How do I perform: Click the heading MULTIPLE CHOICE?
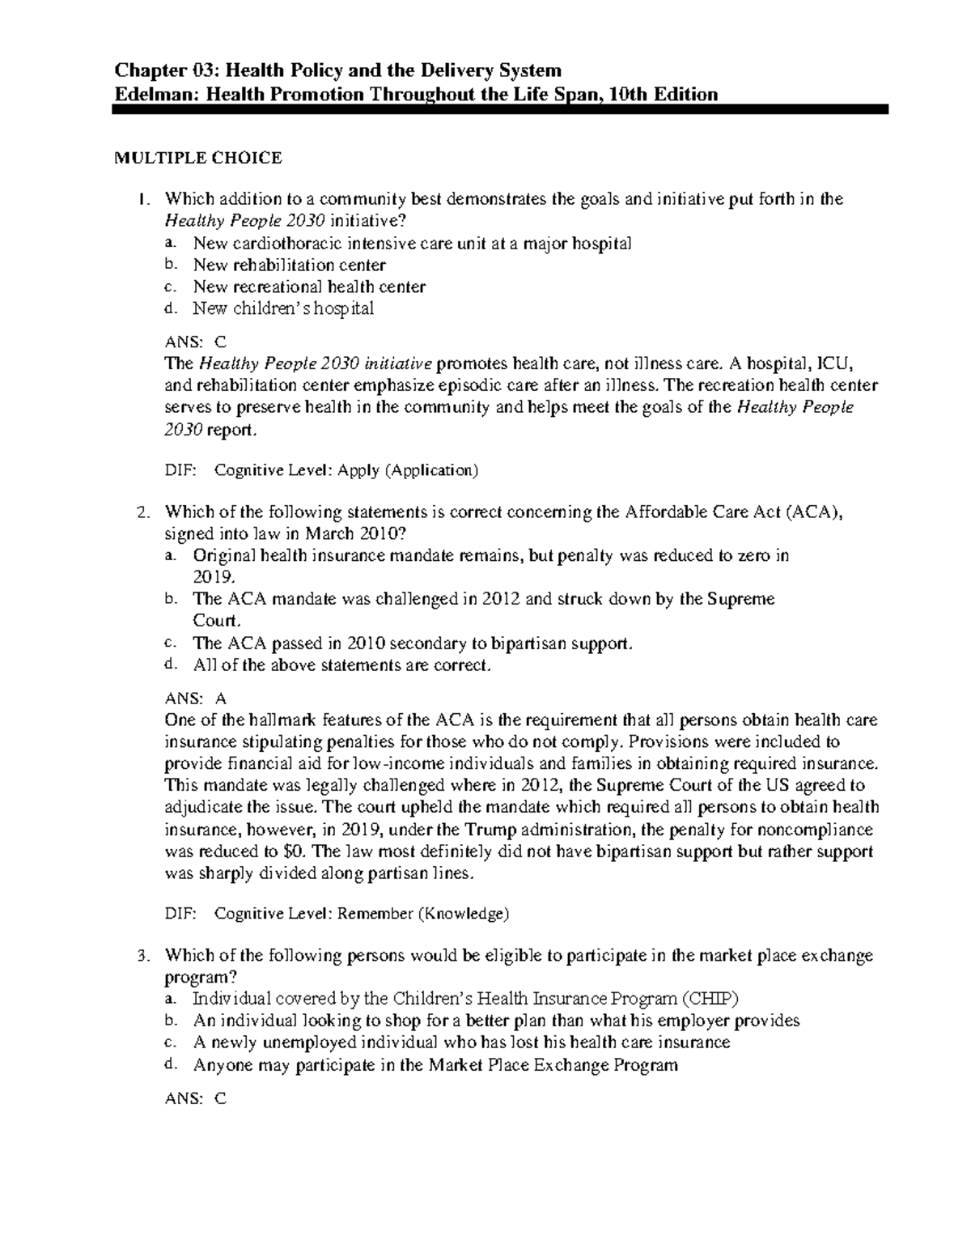[197, 158]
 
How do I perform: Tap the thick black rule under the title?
[500, 109]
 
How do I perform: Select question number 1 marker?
[142, 199]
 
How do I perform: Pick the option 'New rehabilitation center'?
[289, 265]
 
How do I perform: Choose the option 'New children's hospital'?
[283, 308]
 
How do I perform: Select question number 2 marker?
[142, 512]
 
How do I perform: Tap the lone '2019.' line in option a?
[214, 577]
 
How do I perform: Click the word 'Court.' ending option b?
[217, 621]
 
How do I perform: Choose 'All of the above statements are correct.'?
[341, 665]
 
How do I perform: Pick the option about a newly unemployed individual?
[461, 1043]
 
